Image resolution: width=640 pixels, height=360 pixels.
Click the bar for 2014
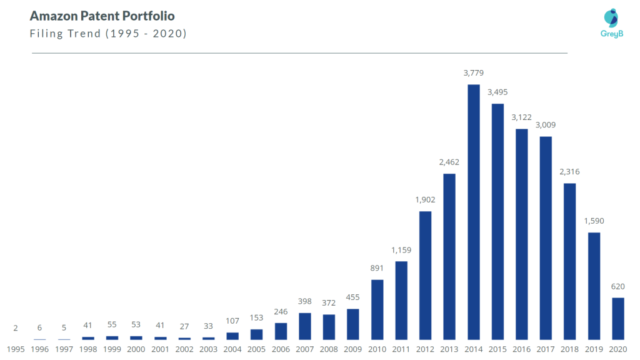474,212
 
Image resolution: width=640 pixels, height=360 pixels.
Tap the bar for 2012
425,276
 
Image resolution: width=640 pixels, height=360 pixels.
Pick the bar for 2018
569,261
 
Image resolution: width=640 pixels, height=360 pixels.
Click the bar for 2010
377,309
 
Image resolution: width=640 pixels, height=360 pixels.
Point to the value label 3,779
474,73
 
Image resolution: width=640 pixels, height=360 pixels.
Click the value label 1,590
594,221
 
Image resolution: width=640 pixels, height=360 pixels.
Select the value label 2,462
449,162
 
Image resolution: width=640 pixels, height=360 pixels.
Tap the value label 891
377,268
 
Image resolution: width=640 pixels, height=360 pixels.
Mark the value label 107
232,321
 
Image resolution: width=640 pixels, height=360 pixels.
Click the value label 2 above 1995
16,328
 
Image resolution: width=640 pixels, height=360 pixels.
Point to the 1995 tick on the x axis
16,349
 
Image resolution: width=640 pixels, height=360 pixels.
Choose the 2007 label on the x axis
305,349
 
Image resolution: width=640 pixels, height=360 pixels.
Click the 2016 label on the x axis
522,349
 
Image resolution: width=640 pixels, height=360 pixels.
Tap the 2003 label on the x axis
209,349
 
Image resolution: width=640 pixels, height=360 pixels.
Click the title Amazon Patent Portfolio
102,16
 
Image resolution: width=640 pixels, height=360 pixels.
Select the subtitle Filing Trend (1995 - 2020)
108,34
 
